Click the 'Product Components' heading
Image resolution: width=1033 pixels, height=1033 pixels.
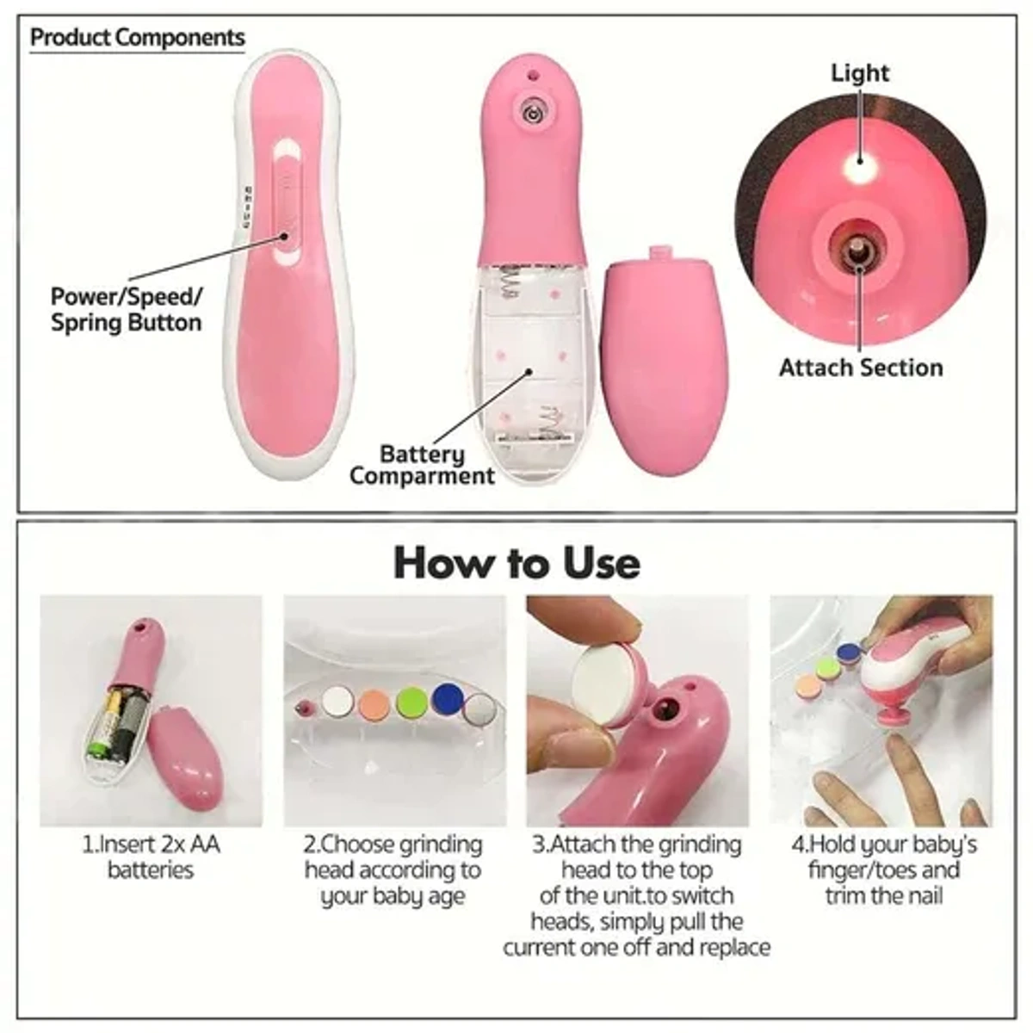[x=138, y=38]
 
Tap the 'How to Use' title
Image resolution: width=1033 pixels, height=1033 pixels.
[x=516, y=563]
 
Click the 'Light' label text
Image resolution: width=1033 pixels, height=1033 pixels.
[x=860, y=73]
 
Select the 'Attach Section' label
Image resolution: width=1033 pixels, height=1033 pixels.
[x=861, y=368]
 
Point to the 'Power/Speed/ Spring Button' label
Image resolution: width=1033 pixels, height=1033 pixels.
[x=126, y=310]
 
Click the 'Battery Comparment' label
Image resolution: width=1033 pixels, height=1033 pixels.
[x=422, y=465]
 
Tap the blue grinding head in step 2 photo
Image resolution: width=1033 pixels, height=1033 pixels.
[x=446, y=698]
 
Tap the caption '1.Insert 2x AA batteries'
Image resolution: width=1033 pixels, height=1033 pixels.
[x=151, y=857]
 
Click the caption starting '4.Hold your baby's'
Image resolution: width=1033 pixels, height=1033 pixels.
[x=883, y=869]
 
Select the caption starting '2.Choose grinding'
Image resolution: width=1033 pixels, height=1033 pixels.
[x=393, y=869]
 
